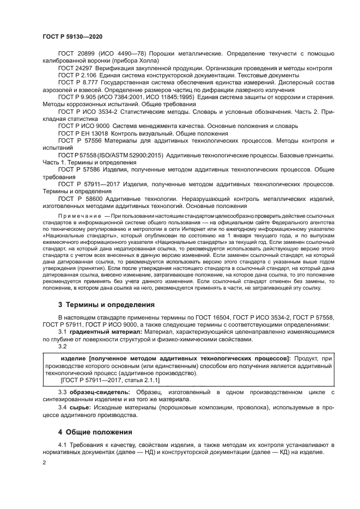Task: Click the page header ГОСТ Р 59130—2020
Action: coord(72,36)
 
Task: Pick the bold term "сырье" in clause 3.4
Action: coord(79,407)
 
